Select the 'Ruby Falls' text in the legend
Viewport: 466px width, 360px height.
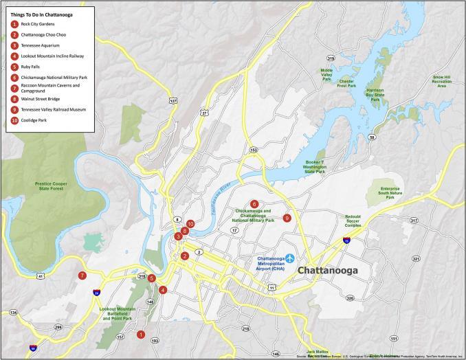(x=30, y=67)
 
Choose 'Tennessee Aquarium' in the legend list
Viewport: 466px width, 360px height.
(x=40, y=45)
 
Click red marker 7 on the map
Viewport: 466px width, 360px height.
(x=82, y=275)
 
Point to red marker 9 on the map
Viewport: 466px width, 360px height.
(x=287, y=218)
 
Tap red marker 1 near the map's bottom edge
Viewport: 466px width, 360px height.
(x=141, y=335)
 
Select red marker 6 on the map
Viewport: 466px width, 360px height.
(x=254, y=203)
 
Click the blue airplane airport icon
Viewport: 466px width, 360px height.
(x=291, y=258)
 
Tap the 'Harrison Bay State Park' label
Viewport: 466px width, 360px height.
(x=375, y=95)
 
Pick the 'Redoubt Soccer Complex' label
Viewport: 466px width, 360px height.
(x=353, y=221)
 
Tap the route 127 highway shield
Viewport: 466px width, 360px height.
(x=173, y=101)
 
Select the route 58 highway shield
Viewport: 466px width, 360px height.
(x=371, y=137)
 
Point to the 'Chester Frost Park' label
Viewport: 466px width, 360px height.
(x=346, y=83)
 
